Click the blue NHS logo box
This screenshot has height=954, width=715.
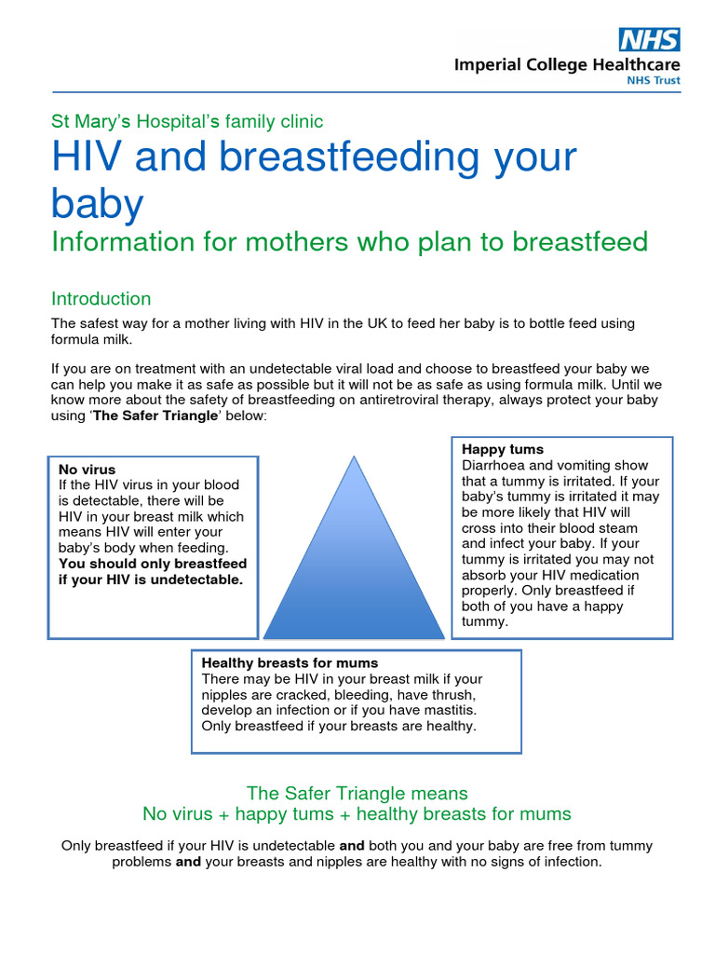tap(649, 39)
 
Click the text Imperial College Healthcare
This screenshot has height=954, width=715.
tap(566, 65)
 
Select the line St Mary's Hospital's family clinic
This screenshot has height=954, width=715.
tap(187, 121)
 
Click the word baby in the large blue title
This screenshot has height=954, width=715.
tap(98, 203)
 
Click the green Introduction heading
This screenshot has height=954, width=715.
tap(101, 299)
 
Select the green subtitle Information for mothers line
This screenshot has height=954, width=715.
tap(349, 242)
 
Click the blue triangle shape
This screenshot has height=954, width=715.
tap(353, 559)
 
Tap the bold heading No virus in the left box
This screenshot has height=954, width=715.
tap(88, 470)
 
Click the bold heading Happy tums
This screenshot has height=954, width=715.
tap(503, 449)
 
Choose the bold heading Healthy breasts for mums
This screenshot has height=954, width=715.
tap(290, 662)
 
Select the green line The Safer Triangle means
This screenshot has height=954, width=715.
tap(357, 793)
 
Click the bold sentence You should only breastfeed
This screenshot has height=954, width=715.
tap(153, 564)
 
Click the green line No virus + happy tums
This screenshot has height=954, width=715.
tap(357, 814)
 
